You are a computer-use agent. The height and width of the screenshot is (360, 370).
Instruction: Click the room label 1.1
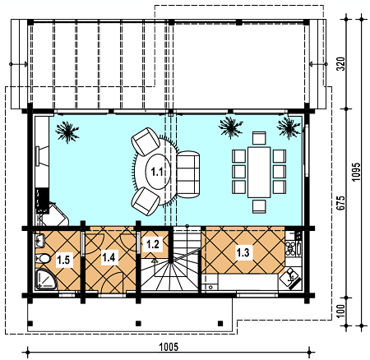[x=157, y=172]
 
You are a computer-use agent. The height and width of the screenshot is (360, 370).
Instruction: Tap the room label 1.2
[x=153, y=244]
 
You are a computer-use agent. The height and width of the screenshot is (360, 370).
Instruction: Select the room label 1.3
[x=243, y=252]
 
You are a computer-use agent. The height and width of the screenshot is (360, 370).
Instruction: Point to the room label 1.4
[x=109, y=257]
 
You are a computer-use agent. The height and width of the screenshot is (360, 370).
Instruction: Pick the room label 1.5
[x=63, y=260]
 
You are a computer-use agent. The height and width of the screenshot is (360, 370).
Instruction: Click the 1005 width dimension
[x=169, y=347]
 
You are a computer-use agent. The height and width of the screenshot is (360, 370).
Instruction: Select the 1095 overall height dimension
[x=356, y=172]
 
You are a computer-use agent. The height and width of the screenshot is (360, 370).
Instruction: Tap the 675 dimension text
[x=340, y=203]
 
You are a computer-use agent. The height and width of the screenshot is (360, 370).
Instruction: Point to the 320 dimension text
[x=340, y=64]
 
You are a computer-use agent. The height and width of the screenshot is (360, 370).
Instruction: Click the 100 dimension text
[x=340, y=311]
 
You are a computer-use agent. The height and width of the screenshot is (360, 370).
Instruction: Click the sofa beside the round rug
[x=188, y=174]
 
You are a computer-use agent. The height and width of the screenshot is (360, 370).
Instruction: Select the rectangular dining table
[x=259, y=172]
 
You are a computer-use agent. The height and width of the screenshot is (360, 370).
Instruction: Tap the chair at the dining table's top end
[x=259, y=138]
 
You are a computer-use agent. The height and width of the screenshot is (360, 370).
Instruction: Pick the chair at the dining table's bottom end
[x=259, y=206]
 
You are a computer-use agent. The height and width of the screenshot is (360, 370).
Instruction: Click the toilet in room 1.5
[x=43, y=258]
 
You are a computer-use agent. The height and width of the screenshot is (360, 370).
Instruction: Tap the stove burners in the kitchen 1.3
[x=290, y=247]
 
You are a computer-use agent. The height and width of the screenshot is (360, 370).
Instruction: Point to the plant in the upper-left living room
[x=67, y=132]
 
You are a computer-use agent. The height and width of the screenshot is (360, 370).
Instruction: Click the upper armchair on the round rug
[x=146, y=141]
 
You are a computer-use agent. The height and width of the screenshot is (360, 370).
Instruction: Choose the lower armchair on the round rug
[x=146, y=201]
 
